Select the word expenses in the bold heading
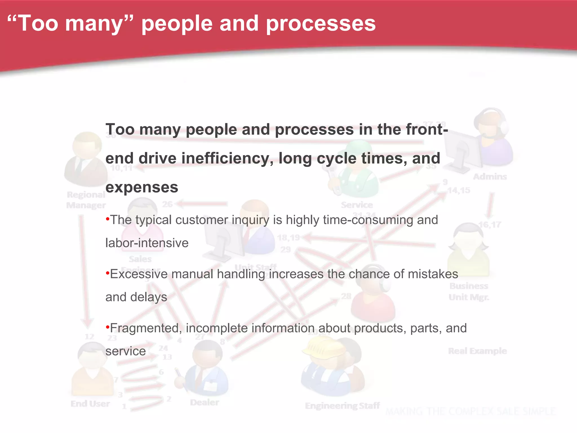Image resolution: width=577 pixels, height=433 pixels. click(142, 187)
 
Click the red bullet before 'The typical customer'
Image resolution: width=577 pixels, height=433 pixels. click(107, 219)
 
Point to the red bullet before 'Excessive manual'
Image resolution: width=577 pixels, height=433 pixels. click(107, 273)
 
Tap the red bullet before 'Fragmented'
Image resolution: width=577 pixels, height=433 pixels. click(107, 327)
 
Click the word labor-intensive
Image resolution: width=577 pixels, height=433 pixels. click(147, 243)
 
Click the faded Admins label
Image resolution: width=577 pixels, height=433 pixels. click(490, 177)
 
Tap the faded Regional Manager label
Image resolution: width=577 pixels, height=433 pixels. click(86, 200)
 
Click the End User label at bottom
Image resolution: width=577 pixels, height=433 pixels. click(90, 404)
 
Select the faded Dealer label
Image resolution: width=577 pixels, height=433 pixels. click(205, 402)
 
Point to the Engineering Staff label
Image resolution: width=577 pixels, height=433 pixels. click(342, 406)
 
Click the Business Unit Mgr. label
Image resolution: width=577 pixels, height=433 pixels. click(469, 291)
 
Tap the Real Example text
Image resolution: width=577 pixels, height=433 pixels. click(477, 351)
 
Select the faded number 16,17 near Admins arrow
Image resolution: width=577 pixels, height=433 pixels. click(490, 225)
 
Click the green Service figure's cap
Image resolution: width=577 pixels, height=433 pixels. click(358, 147)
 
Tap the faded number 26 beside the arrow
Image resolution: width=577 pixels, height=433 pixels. click(167, 204)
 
